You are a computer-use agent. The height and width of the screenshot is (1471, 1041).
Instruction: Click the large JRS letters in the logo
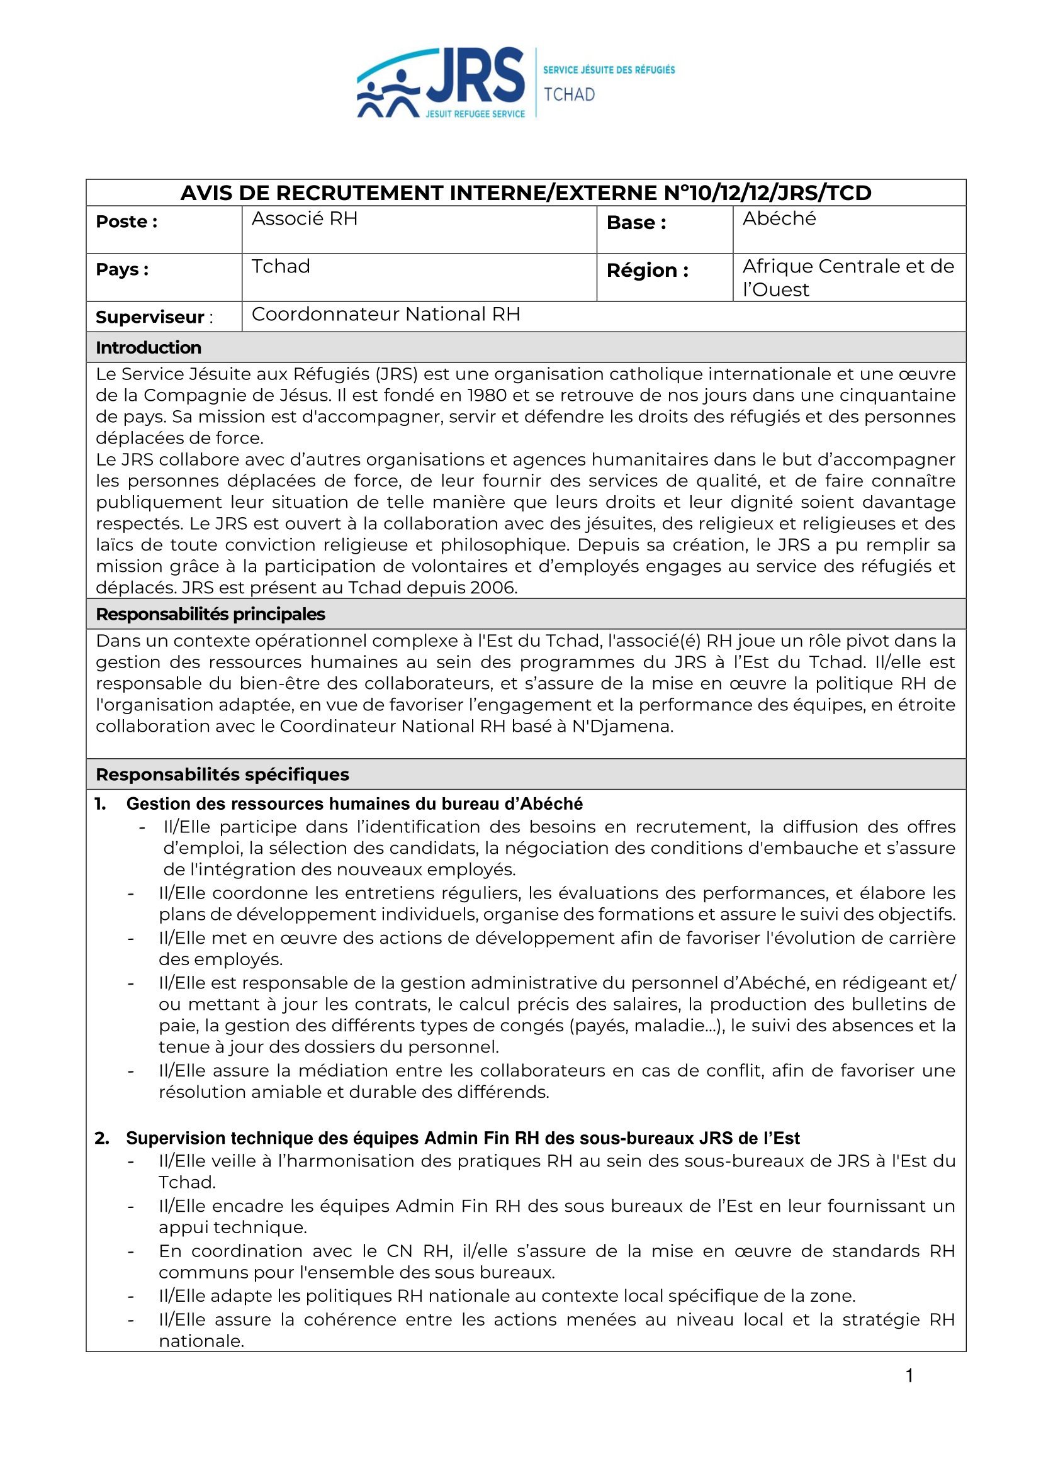tap(475, 76)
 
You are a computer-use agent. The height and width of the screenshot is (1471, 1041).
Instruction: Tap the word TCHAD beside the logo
tap(569, 95)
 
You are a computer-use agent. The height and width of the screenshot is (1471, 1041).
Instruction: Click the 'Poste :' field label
tap(127, 221)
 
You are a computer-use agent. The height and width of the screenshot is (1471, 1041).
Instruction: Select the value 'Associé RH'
tap(305, 219)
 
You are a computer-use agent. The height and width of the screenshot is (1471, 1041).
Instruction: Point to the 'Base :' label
tap(636, 223)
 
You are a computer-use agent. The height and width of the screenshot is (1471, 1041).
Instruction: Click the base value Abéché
tap(779, 219)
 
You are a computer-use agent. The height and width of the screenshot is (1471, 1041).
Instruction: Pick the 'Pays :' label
tap(122, 270)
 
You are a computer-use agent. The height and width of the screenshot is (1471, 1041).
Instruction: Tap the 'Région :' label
tap(648, 271)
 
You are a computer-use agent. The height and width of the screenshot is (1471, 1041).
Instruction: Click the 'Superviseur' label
tap(150, 317)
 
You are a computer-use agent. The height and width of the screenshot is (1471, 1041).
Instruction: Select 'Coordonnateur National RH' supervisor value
tap(386, 315)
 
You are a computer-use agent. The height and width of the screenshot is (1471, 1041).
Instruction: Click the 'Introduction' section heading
tap(148, 348)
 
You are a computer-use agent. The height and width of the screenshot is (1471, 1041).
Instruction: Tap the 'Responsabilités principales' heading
tap(210, 615)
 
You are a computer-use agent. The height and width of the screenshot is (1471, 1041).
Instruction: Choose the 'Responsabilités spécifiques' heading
tap(222, 775)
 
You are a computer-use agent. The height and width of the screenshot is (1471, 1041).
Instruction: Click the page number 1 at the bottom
tap(909, 1375)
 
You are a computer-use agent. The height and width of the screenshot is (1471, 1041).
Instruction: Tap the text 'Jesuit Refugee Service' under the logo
tap(475, 114)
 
